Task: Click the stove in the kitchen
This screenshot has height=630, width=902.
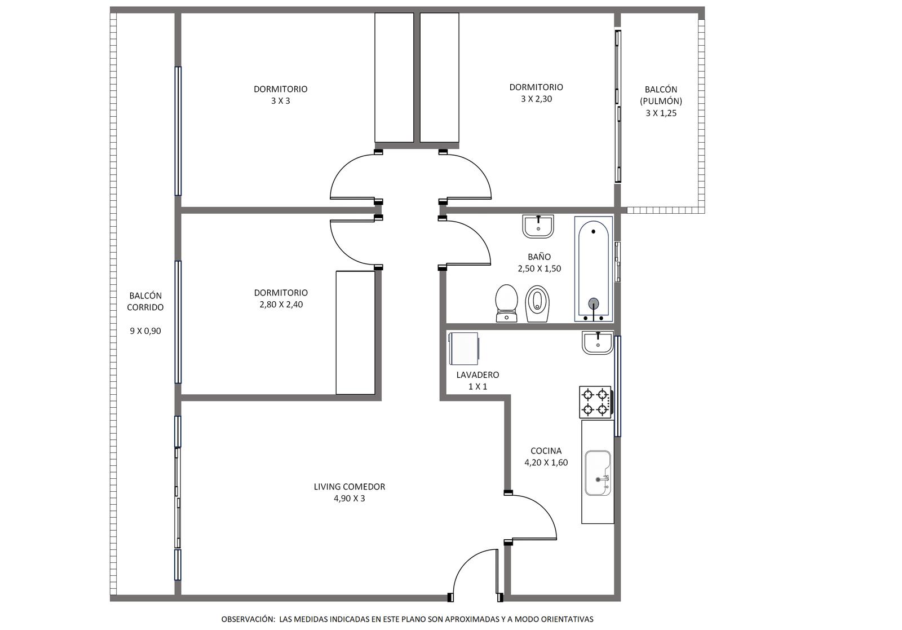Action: pyautogui.click(x=595, y=402)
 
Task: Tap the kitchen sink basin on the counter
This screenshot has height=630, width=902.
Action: pyautogui.click(x=598, y=473)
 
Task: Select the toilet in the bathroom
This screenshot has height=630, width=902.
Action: pyautogui.click(x=507, y=303)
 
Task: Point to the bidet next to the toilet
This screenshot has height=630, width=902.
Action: pyautogui.click(x=537, y=304)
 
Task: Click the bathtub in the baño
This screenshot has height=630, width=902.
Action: pyautogui.click(x=594, y=269)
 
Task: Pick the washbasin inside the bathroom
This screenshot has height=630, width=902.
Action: pyautogui.click(x=538, y=226)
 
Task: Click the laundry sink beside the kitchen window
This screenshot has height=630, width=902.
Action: pyautogui.click(x=598, y=343)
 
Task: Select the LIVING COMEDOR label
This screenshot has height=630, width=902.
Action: pyautogui.click(x=350, y=487)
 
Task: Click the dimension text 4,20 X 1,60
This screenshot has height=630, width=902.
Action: pyautogui.click(x=546, y=462)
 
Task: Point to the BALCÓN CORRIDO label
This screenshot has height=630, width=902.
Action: pyautogui.click(x=145, y=301)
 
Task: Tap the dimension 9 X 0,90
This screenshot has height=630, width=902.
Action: pyautogui.click(x=145, y=331)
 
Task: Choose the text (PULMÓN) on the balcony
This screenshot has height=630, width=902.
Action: pyautogui.click(x=661, y=101)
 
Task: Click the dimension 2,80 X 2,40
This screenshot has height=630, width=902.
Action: pyautogui.click(x=281, y=305)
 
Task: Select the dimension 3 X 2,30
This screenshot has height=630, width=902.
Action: pyautogui.click(x=536, y=99)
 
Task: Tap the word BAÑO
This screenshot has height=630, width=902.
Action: pyautogui.click(x=539, y=256)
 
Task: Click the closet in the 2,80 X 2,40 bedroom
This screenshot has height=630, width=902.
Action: pyautogui.click(x=356, y=333)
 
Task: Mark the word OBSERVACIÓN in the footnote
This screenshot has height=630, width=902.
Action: pyautogui.click(x=247, y=619)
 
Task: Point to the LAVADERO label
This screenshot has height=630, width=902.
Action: pyautogui.click(x=477, y=375)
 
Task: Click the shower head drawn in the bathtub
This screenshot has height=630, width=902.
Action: pyautogui.click(x=594, y=302)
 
